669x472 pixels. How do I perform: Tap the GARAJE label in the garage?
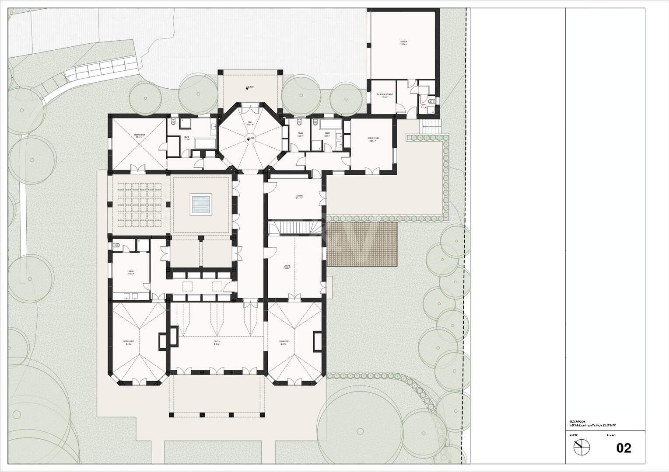(x=404, y=43)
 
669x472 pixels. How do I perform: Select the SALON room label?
(x=217, y=342)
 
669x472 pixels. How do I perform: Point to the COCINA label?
(x=287, y=266)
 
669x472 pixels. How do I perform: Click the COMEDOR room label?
(x=284, y=342)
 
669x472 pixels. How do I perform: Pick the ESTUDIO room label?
(x=300, y=196)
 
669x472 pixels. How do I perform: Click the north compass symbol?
(x=582, y=447)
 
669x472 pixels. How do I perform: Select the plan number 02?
(x=623, y=448)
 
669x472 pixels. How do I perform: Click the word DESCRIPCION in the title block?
(x=577, y=421)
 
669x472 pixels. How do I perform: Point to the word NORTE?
(x=573, y=436)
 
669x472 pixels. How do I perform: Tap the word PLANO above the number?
(x=611, y=436)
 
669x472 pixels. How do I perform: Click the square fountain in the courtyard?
(x=201, y=204)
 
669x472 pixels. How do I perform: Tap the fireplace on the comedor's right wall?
(x=317, y=341)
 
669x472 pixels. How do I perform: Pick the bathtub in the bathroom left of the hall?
(x=204, y=142)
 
